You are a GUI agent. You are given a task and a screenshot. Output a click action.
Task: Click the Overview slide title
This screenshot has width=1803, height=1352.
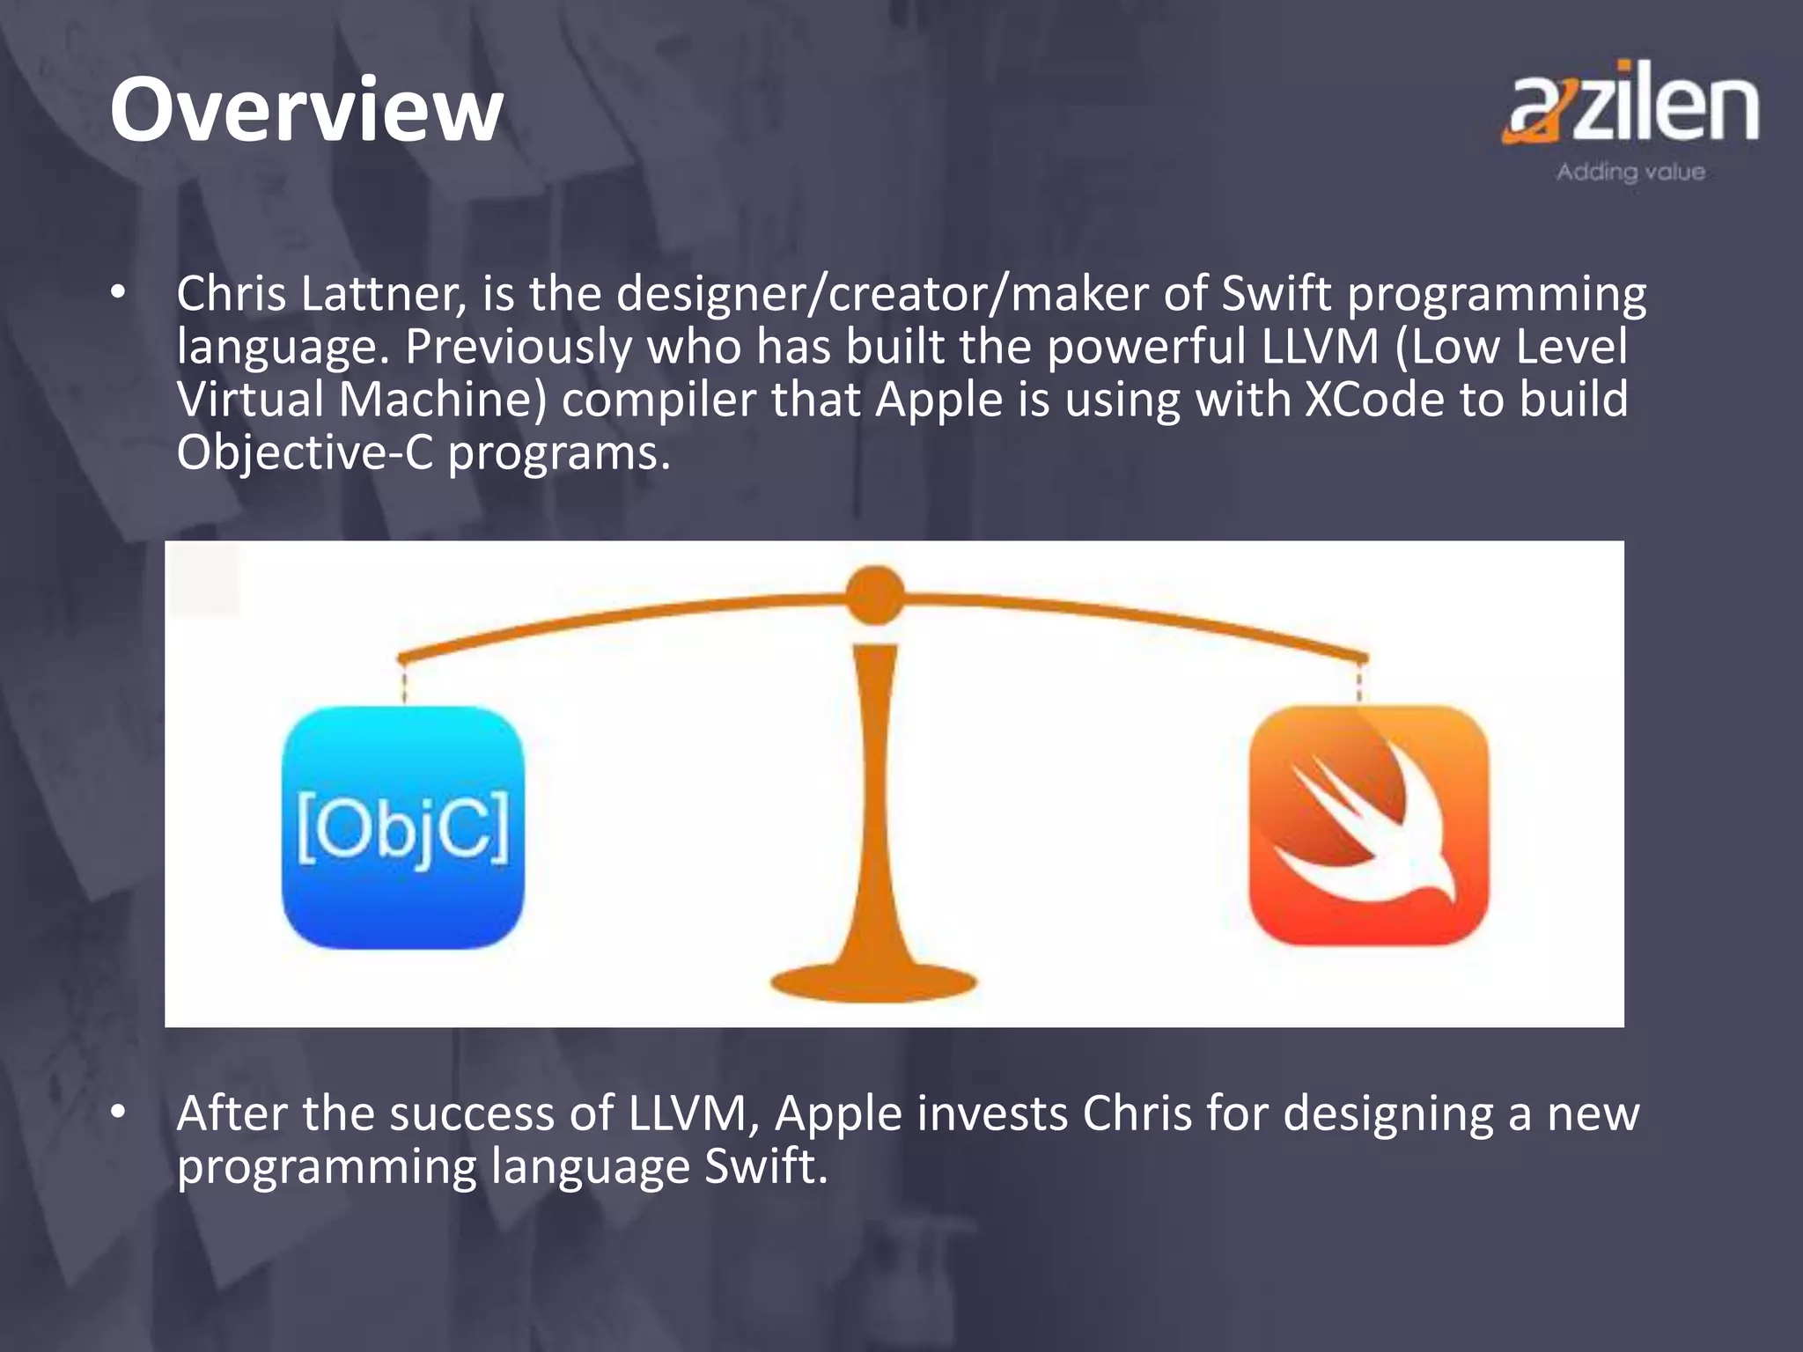(x=306, y=111)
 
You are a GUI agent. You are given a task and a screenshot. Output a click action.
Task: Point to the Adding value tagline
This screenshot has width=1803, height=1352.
(x=1630, y=172)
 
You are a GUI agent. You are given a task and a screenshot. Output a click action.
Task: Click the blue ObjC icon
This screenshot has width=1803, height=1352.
(x=403, y=827)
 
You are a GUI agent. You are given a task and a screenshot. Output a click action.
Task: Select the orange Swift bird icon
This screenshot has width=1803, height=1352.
(x=1369, y=826)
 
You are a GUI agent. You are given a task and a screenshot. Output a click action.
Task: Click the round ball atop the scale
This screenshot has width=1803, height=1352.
(x=874, y=596)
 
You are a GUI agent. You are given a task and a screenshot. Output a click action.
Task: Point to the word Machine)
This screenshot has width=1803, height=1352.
(x=443, y=400)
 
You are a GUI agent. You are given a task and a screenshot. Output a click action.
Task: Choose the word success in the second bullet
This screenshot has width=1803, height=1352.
(x=471, y=1113)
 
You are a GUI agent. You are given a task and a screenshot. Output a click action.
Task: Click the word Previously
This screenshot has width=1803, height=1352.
(x=518, y=347)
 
